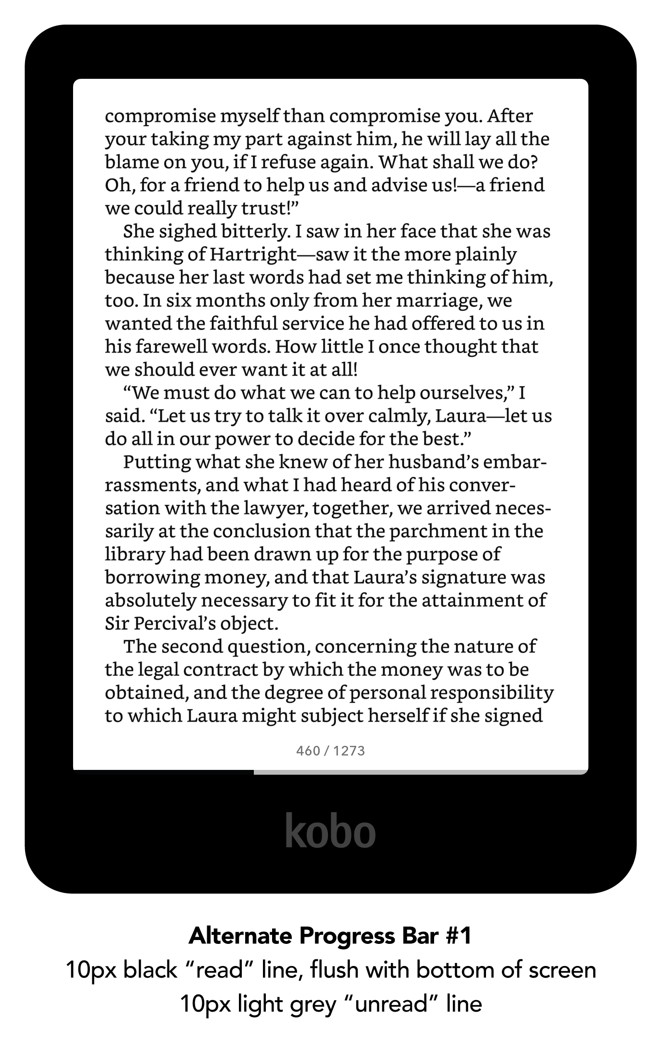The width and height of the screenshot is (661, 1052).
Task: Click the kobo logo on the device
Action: (x=330, y=831)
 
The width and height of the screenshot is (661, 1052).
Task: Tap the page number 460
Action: (x=308, y=751)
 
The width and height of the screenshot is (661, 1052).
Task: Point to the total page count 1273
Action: (x=349, y=751)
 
